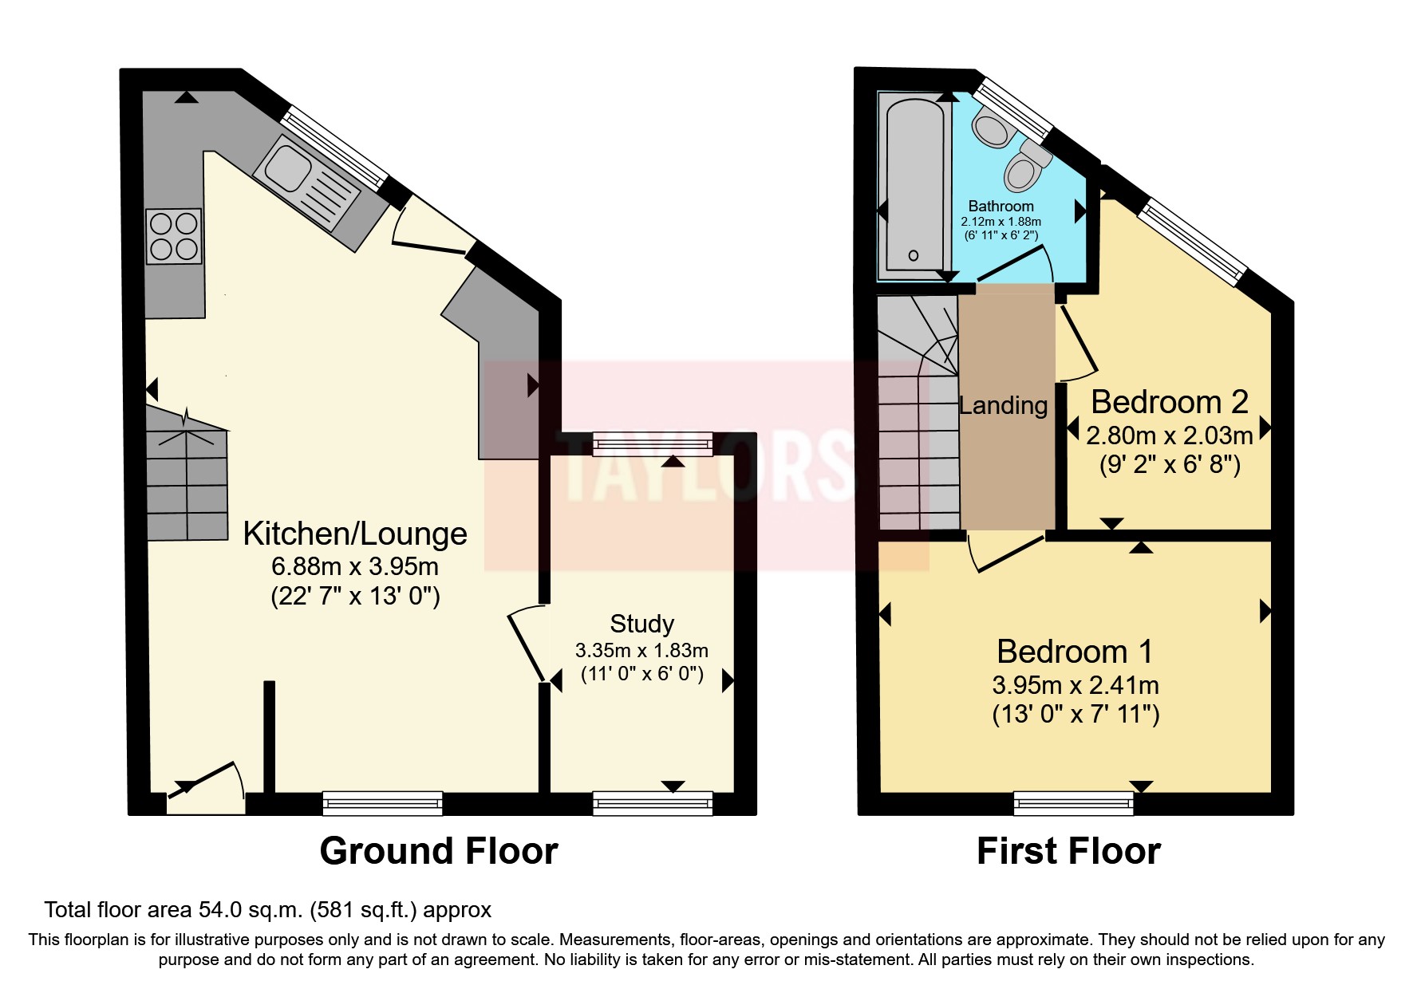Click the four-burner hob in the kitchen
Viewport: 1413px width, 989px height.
[x=174, y=236]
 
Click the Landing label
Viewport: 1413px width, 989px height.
[x=1003, y=406]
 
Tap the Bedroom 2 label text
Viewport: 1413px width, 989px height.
[x=1169, y=402]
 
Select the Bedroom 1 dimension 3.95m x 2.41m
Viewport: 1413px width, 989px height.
[x=1075, y=685]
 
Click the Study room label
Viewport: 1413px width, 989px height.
[x=641, y=623]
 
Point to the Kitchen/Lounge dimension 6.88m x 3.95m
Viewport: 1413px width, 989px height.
[x=354, y=566]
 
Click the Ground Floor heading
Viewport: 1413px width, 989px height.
[x=438, y=851]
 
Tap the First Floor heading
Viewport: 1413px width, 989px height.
[x=1068, y=851]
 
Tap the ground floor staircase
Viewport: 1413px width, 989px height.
[x=187, y=475]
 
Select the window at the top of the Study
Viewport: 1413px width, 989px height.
[x=653, y=443]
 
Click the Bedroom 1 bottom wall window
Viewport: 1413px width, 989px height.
[x=1073, y=802]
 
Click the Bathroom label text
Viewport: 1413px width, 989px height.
[x=1001, y=206]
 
